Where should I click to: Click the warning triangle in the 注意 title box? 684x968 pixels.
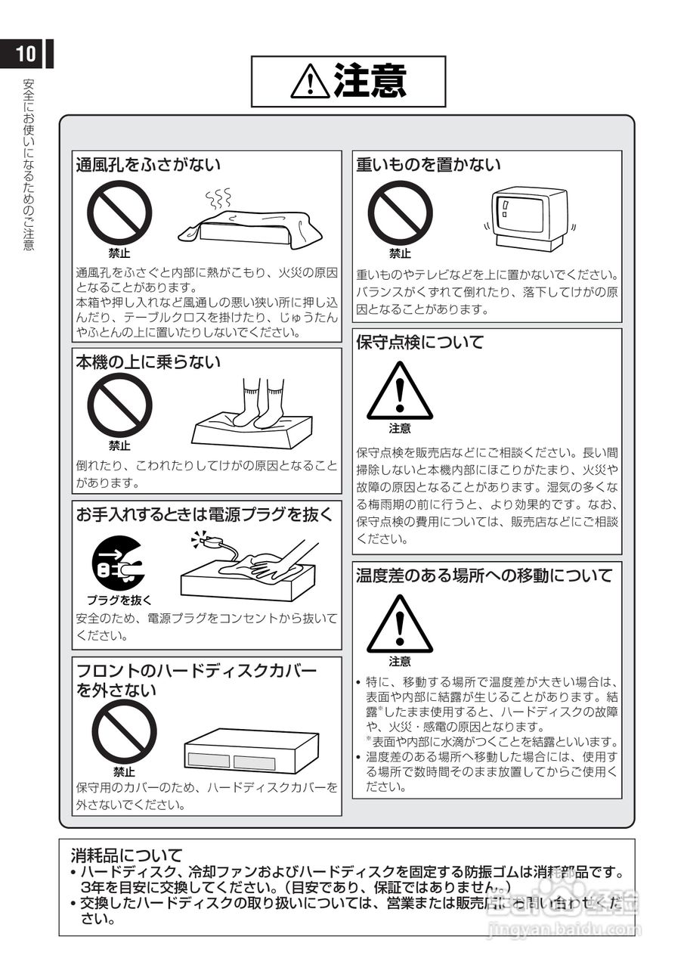pyautogui.click(x=309, y=82)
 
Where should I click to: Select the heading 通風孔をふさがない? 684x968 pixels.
pyautogui.click(x=148, y=164)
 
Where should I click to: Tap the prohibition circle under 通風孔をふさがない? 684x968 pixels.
pyautogui.click(x=119, y=213)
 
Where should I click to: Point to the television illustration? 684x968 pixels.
pyautogui.click(x=528, y=219)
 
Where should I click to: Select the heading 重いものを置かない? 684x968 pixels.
pyautogui.click(x=429, y=164)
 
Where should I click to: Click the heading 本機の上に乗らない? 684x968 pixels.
pyautogui.click(x=148, y=361)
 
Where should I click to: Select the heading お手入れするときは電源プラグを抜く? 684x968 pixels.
pyautogui.click(x=204, y=514)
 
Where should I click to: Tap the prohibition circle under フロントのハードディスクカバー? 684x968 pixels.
pyautogui.click(x=124, y=731)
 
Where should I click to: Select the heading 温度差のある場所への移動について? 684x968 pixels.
pyautogui.click(x=484, y=576)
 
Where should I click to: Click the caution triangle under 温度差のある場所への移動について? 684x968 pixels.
pyautogui.click(x=400, y=625)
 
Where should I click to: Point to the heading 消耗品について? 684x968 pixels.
pyautogui.click(x=127, y=855)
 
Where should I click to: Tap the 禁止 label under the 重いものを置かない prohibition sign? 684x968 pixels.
pyautogui.click(x=400, y=254)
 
